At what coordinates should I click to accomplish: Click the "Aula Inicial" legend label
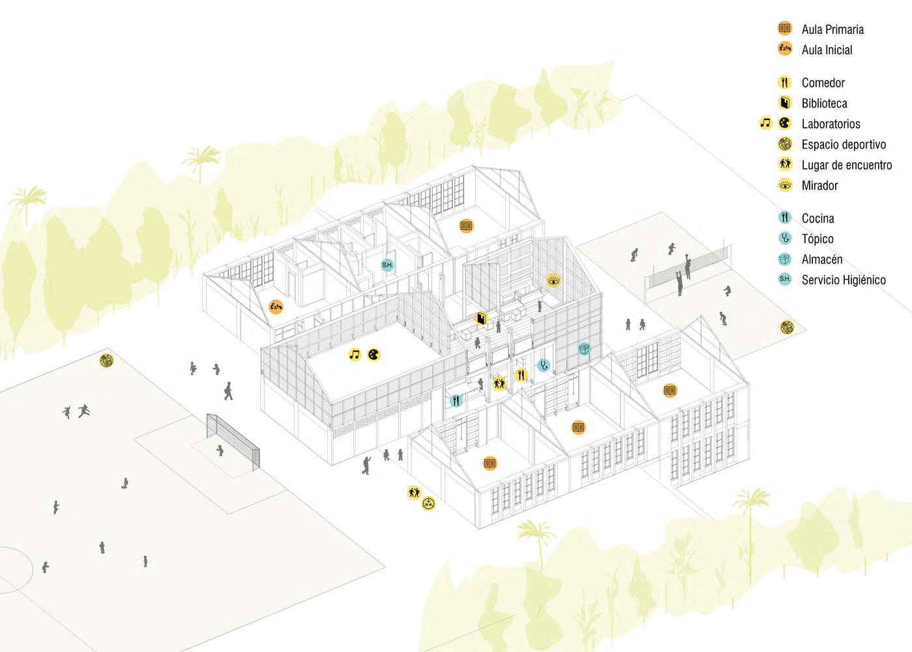coord(827,50)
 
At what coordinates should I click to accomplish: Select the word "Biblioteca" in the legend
coord(824,104)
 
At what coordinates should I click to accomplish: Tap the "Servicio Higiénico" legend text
coord(844,280)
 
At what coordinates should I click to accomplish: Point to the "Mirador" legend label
coord(819,186)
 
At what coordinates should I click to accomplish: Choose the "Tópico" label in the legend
coord(817,239)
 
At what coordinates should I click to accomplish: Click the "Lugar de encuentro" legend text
coord(846,165)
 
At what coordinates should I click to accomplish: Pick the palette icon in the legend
coord(785,123)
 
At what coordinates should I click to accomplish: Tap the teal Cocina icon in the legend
coord(785,218)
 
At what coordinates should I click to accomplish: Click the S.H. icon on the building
coord(387,265)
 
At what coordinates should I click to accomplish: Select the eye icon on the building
coord(553,281)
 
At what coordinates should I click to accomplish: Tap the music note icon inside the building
coord(355,355)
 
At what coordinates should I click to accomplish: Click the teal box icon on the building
coord(584,349)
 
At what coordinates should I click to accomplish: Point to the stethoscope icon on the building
coord(543,365)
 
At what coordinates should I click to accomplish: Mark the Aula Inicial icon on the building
coord(276,306)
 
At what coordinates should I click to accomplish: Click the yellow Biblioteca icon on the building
coord(481,318)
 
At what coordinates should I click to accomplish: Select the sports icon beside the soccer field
coord(106,360)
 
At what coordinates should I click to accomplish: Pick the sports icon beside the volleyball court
coord(787,327)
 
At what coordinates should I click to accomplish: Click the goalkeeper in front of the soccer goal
coord(220,450)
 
